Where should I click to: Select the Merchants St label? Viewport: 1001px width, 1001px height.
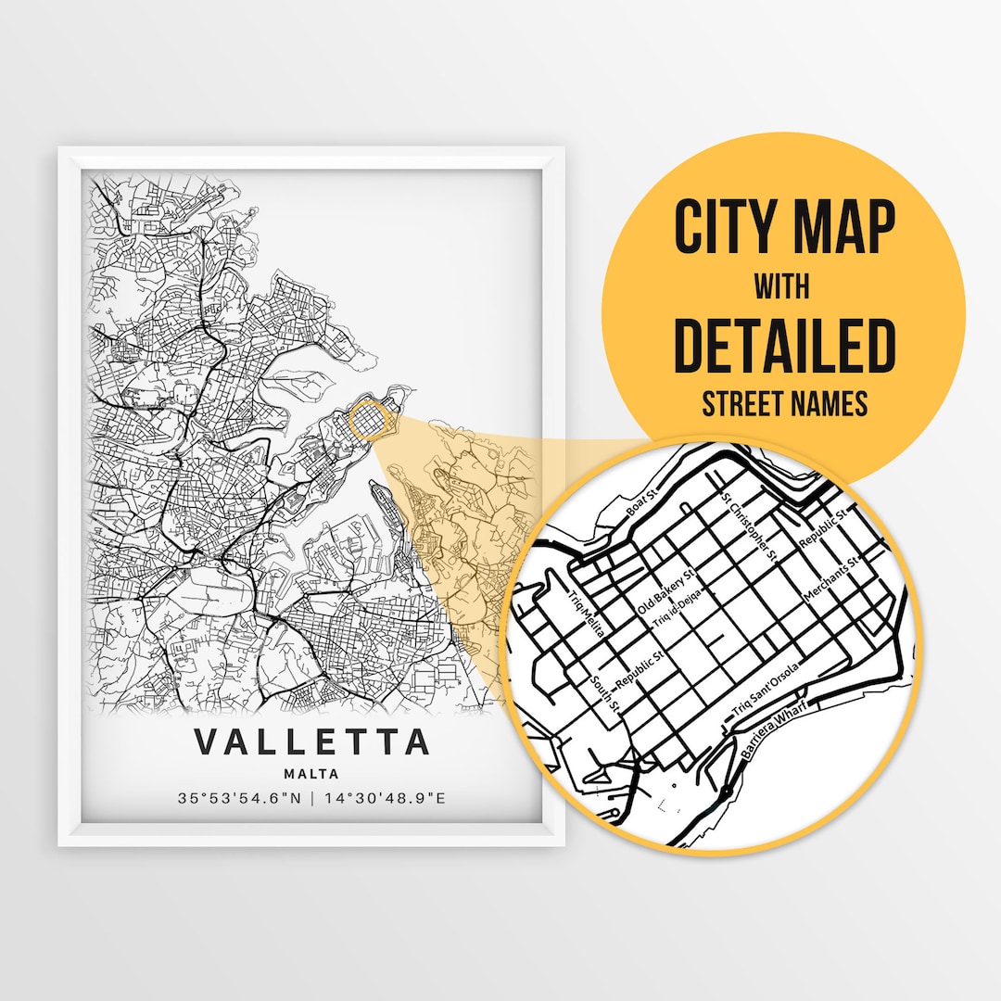[x=833, y=578]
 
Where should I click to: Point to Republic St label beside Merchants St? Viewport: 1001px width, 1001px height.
[x=823, y=528]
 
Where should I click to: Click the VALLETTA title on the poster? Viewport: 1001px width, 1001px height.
[x=312, y=742]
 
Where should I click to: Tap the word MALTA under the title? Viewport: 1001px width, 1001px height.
[x=312, y=774]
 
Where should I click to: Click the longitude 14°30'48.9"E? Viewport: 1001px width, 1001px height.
[x=382, y=797]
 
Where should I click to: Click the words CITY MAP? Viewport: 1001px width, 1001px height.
[x=784, y=227]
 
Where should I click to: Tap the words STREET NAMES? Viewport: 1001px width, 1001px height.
[x=784, y=404]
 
